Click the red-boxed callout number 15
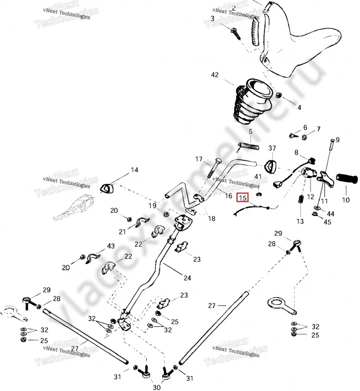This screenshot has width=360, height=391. tap(242, 198)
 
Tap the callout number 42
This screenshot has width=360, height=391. tap(215, 75)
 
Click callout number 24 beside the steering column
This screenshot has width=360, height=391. tap(187, 278)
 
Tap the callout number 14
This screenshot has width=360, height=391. tap(134, 170)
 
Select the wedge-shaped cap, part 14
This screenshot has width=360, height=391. tap(107, 187)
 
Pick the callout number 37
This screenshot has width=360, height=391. tap(272, 148)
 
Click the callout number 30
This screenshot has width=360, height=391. tap(157, 387)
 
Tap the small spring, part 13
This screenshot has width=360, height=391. tap(301, 201)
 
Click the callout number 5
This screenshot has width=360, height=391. tap(250, 131)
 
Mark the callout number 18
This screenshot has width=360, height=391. tap(211, 218)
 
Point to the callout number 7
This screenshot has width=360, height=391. tap(318, 129)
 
